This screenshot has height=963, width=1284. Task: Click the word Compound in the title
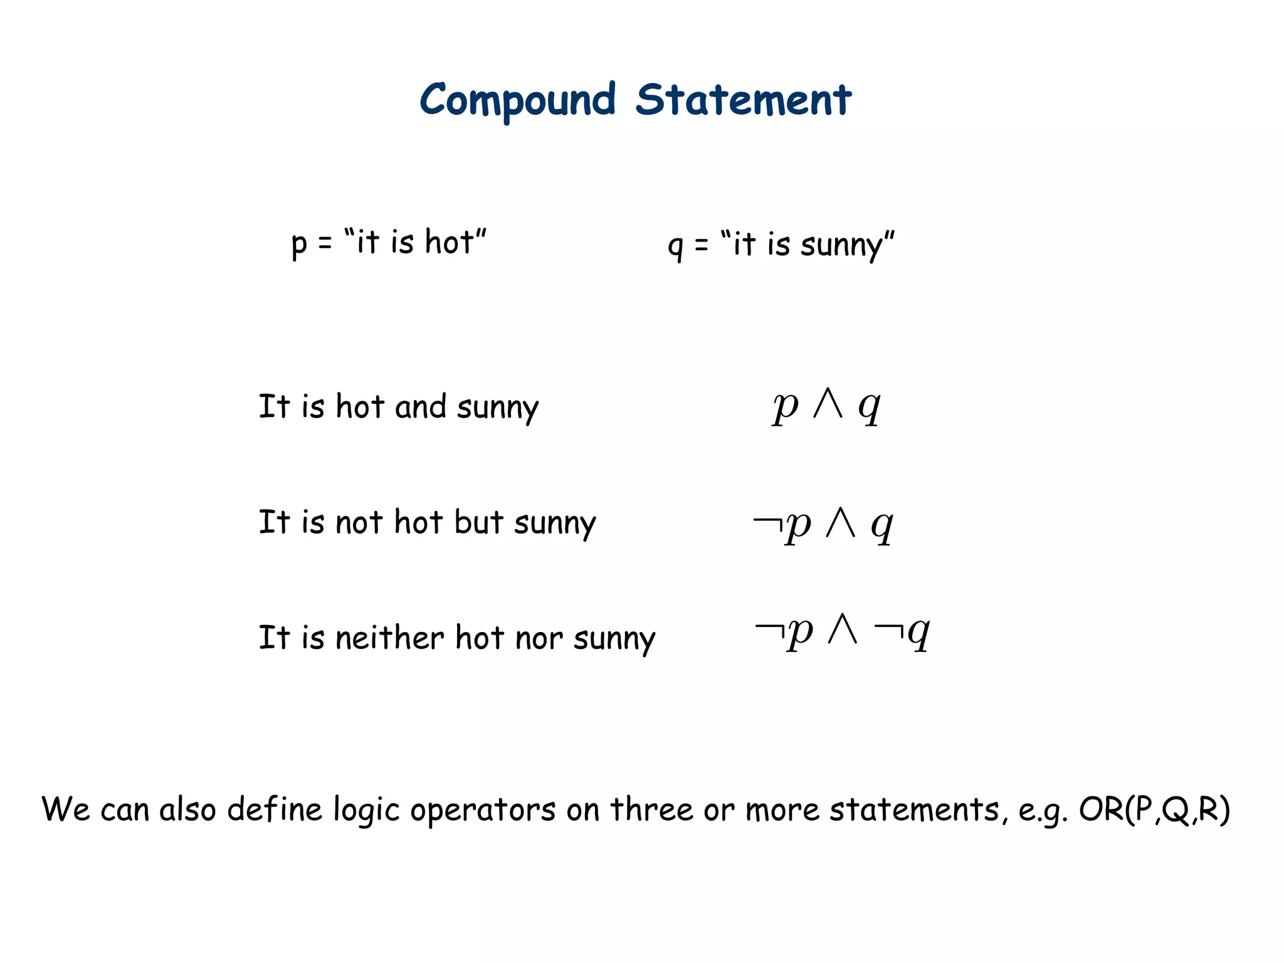pyautogui.click(x=517, y=100)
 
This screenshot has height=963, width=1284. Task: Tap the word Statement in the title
pyautogui.click(x=744, y=100)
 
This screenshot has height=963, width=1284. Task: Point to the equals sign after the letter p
pyautogui.click(x=325, y=243)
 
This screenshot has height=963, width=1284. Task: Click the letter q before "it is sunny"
pyautogui.click(x=675, y=245)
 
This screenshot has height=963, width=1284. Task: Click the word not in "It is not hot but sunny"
pyautogui.click(x=359, y=522)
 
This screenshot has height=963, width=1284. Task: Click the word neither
pyautogui.click(x=389, y=638)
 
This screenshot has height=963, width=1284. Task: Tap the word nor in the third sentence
pyautogui.click(x=539, y=638)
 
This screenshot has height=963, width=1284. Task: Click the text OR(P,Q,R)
pyautogui.click(x=1154, y=809)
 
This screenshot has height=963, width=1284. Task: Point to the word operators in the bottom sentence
pyautogui.click(x=483, y=809)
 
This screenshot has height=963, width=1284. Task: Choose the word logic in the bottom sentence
pyautogui.click(x=366, y=809)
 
